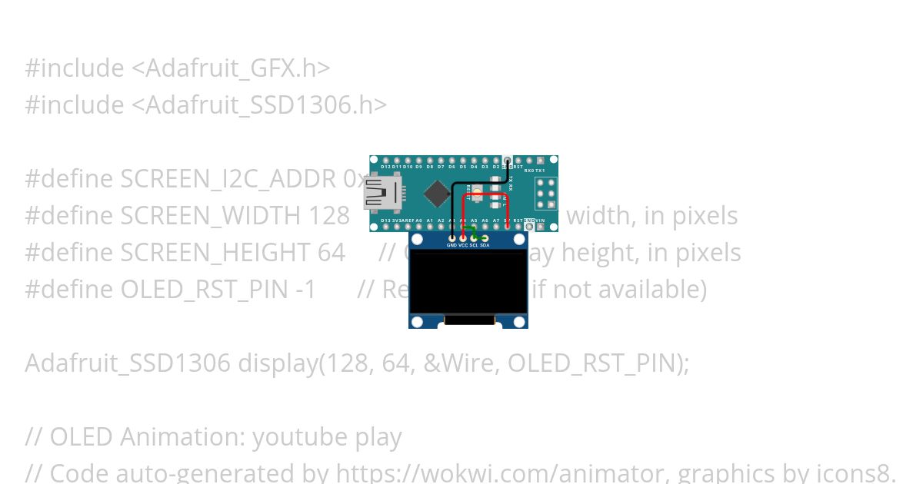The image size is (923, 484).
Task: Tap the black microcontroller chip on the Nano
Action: (436, 194)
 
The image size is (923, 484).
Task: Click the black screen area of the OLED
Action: (468, 282)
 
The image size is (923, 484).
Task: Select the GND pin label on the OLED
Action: (452, 245)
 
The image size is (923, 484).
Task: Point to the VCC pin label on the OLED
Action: (463, 245)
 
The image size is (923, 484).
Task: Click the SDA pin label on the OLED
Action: (485, 245)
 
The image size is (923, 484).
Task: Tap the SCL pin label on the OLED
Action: (474, 245)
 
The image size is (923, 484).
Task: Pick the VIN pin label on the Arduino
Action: (540, 220)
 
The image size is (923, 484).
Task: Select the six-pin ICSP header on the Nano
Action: (546, 194)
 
